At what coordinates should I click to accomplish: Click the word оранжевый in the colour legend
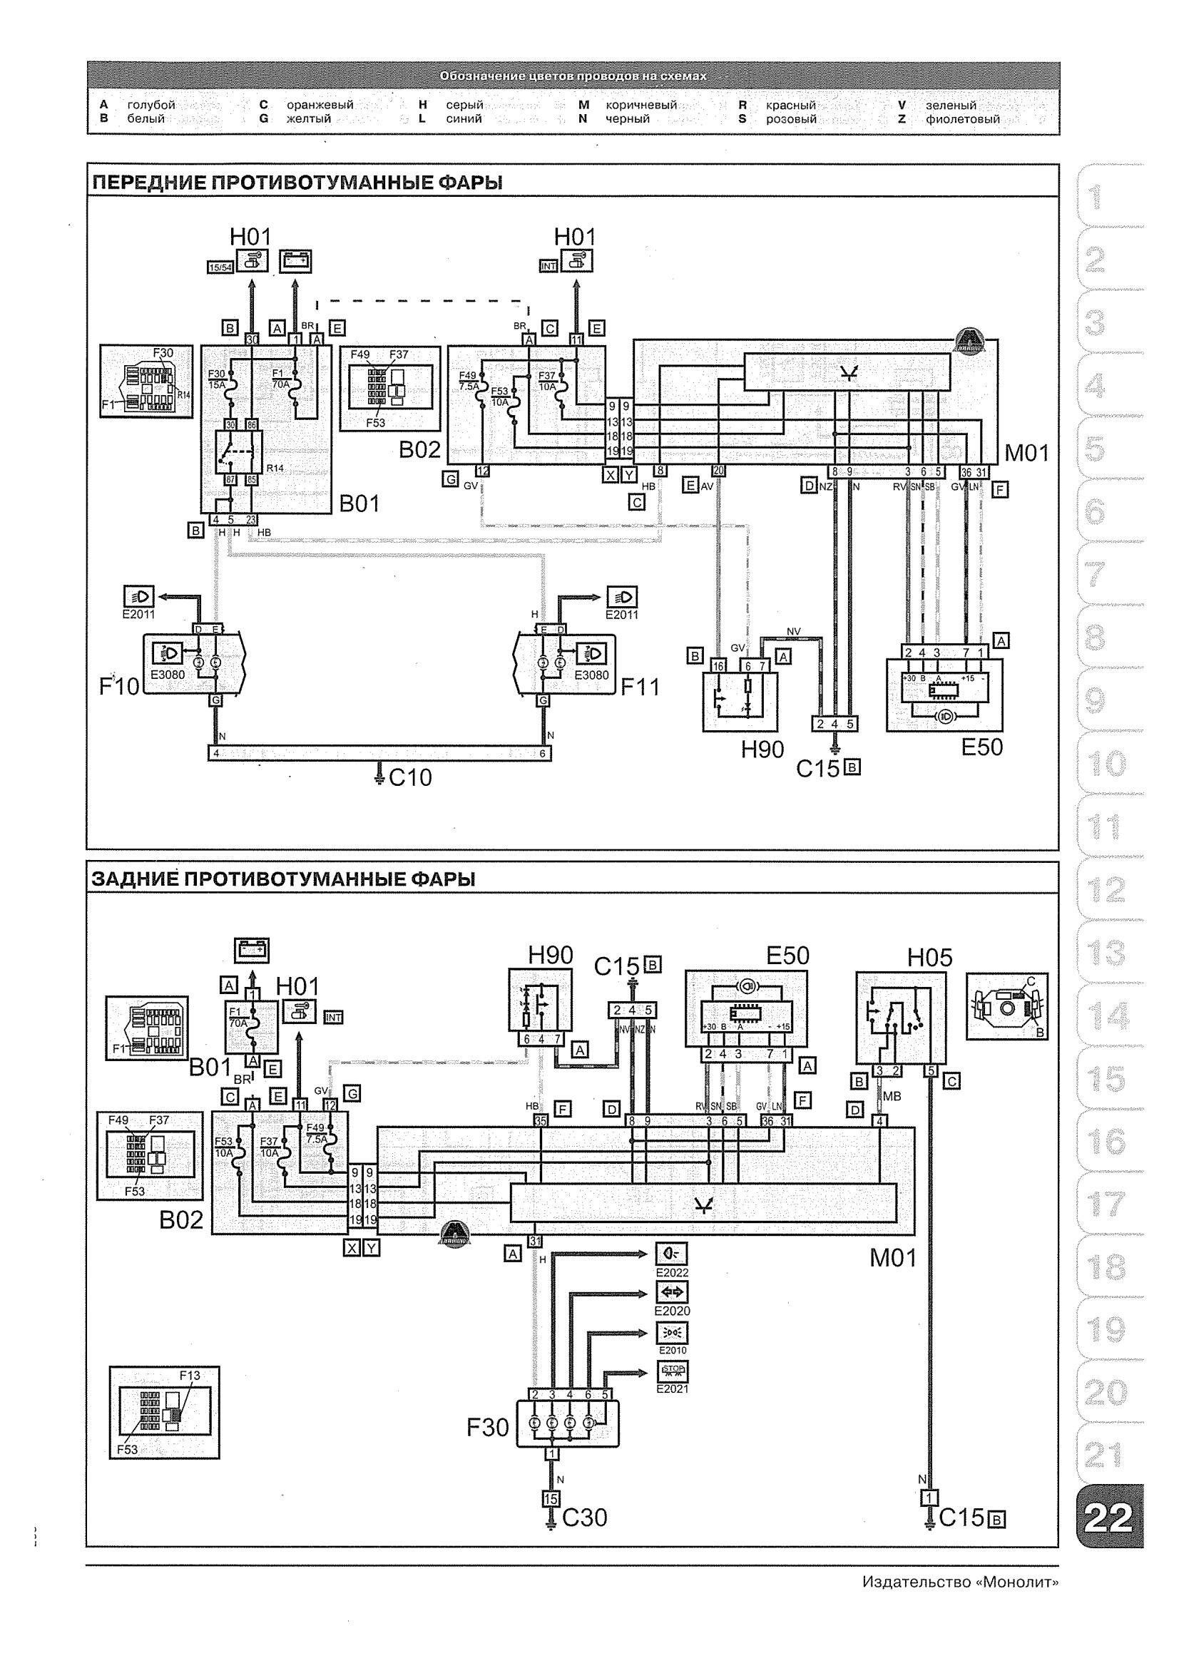tap(320, 105)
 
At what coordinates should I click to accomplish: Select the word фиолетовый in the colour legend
tap(961, 119)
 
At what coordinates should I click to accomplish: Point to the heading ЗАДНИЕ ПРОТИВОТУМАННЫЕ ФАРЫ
tap(283, 880)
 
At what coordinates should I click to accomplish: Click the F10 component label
tap(118, 686)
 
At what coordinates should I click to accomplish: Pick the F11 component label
tap(639, 686)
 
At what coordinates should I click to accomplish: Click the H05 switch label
tap(930, 958)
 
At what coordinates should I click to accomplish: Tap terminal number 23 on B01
tap(250, 519)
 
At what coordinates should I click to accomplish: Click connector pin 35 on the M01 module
tap(540, 1121)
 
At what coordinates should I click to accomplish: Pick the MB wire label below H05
tap(892, 1096)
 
